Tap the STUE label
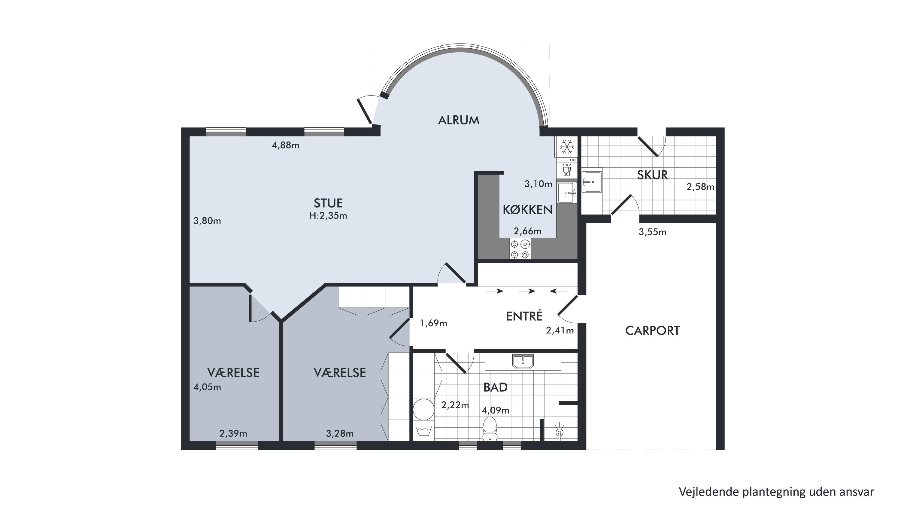pyautogui.click(x=328, y=203)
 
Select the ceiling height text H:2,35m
pyautogui.click(x=328, y=215)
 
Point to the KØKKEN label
pyautogui.click(x=527, y=210)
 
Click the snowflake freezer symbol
pyautogui.click(x=567, y=147)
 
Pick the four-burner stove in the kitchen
pyautogui.click(x=520, y=249)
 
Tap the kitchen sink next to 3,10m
pyautogui.click(x=567, y=192)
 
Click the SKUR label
pyautogui.click(x=652, y=175)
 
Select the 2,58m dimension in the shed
pyautogui.click(x=700, y=187)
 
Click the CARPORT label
pyautogui.click(x=652, y=331)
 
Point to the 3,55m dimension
pyautogui.click(x=652, y=232)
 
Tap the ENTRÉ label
pyautogui.click(x=524, y=316)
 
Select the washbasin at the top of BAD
pyautogui.click(x=523, y=362)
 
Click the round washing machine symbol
pyautogui.click(x=423, y=410)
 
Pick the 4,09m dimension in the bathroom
pyautogui.click(x=495, y=411)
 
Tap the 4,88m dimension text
pyautogui.click(x=285, y=145)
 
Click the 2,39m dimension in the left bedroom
pyautogui.click(x=233, y=434)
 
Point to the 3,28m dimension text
pyautogui.click(x=340, y=434)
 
